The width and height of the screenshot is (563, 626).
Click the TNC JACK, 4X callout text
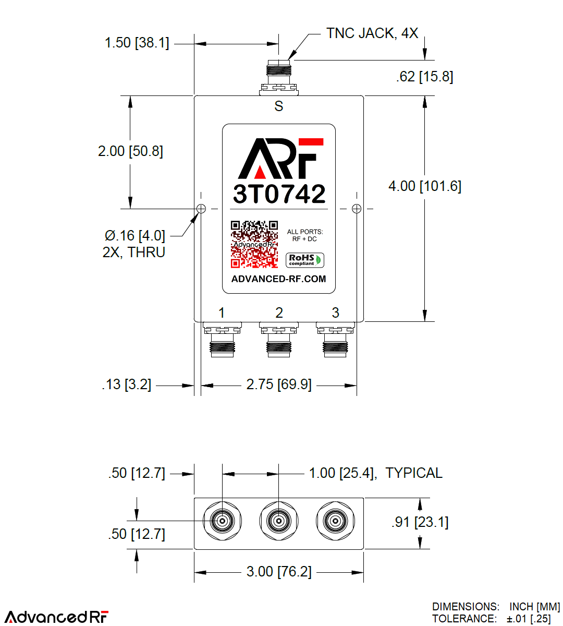pos(372,33)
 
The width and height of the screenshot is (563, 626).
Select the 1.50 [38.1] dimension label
pos(137,43)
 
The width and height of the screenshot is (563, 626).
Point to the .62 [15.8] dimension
pos(424,77)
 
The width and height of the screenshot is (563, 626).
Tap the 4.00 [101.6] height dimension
pos(425,186)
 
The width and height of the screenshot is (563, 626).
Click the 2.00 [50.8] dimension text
pos(130,151)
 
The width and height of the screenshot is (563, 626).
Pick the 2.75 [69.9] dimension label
pos(279,385)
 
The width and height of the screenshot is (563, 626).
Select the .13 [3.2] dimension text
pos(127,385)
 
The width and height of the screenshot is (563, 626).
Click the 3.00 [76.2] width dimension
pos(279,572)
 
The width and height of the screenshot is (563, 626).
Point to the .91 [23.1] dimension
pos(420,522)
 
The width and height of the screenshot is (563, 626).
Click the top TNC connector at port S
pos(278,78)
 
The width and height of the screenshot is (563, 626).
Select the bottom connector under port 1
pos(222,340)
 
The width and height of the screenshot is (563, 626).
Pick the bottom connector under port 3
pos(335,340)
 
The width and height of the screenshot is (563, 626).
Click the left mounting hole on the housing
pos(201,209)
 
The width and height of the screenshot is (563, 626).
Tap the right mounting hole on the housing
pos(357,209)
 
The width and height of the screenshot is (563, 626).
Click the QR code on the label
pos(254,244)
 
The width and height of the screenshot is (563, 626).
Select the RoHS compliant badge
pos(305,260)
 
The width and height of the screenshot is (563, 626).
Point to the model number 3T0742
pos(279,194)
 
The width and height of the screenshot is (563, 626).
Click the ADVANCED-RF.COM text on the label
pos(278,279)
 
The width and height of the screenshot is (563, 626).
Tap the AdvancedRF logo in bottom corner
pos(56,617)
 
